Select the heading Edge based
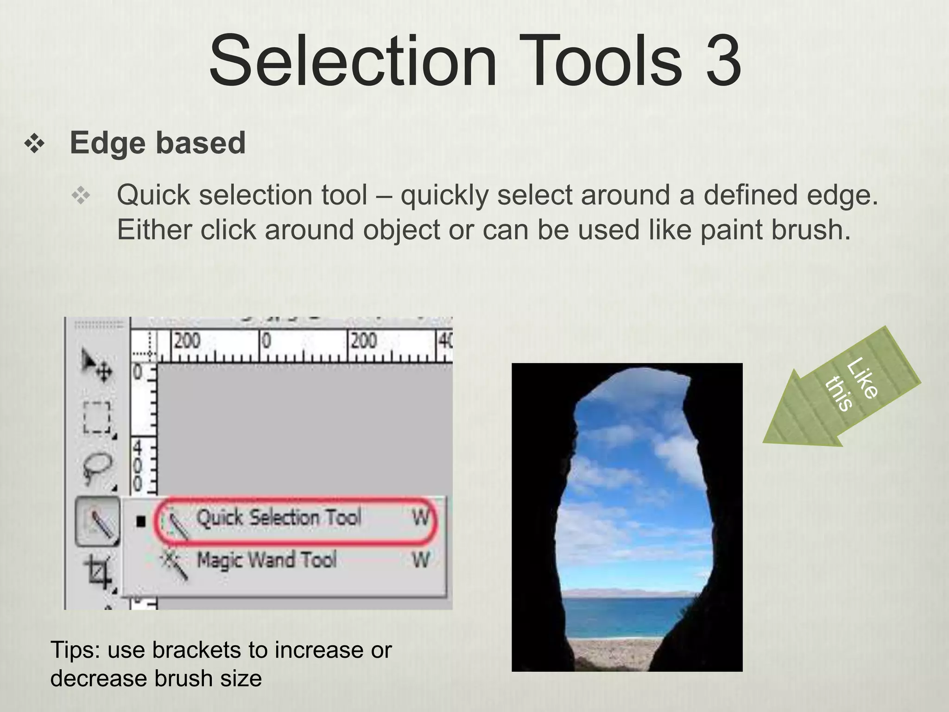click(158, 143)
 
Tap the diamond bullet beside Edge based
click(35, 144)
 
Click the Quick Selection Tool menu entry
click(278, 518)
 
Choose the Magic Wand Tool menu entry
click(266, 560)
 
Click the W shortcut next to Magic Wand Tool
click(421, 560)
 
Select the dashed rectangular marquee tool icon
click(97, 417)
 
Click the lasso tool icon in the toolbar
click(96, 468)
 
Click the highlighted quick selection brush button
click(97, 521)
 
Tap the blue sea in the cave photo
click(626, 617)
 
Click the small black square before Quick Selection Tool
click(141, 521)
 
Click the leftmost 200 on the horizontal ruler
click(187, 341)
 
